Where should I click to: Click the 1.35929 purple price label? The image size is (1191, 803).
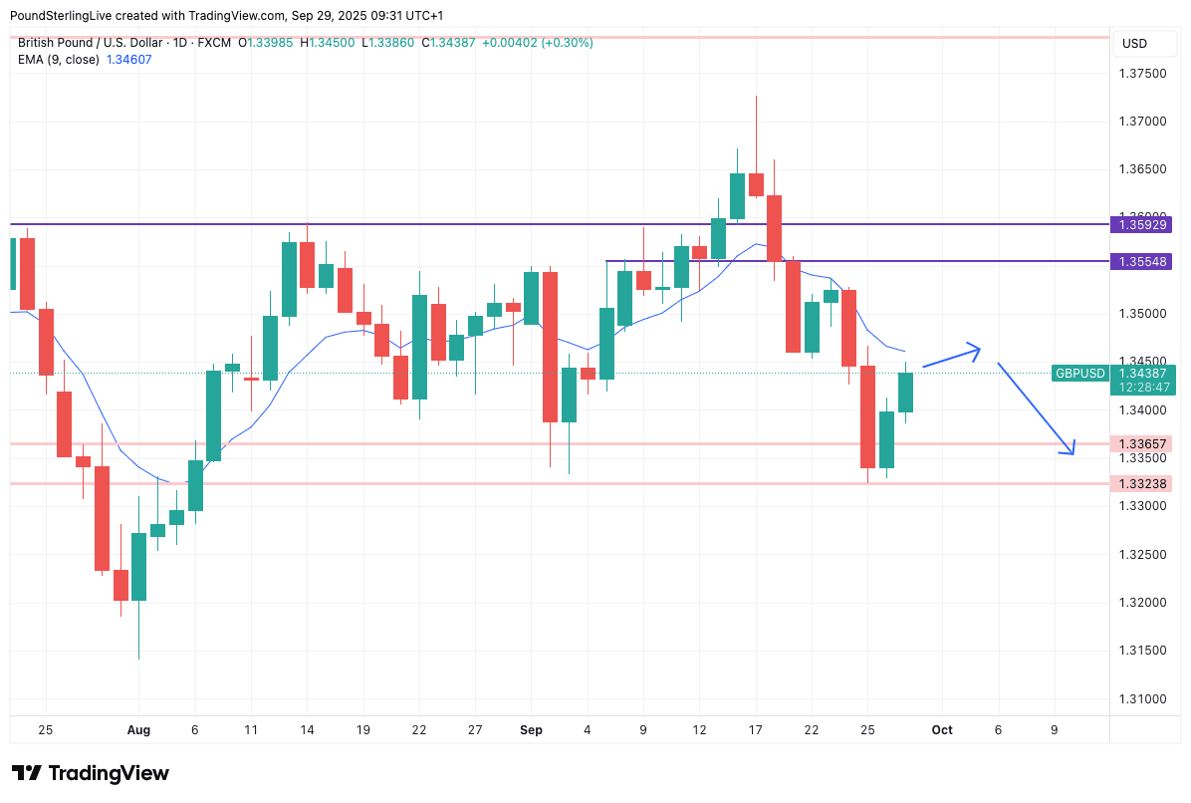pyautogui.click(x=1143, y=224)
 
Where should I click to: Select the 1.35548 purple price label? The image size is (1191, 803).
pyautogui.click(x=1143, y=261)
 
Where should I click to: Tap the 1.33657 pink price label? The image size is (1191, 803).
pyautogui.click(x=1143, y=443)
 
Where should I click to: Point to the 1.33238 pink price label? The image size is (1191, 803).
pyautogui.click(x=1143, y=483)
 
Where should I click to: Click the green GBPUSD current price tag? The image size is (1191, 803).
pyautogui.click(x=1080, y=373)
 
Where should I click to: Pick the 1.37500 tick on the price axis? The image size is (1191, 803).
pyautogui.click(x=1142, y=74)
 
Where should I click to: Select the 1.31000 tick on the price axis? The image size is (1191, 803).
pyautogui.click(x=1142, y=698)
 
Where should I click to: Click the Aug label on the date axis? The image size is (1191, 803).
pyautogui.click(x=138, y=730)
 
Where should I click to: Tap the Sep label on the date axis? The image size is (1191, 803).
pyautogui.click(x=531, y=730)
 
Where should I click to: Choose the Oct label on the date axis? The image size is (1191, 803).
pyautogui.click(x=942, y=730)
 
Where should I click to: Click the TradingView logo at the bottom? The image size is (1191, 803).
pyautogui.click(x=90, y=773)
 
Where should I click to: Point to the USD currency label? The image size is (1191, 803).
pyautogui.click(x=1134, y=44)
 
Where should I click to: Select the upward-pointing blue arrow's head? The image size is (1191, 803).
pyautogui.click(x=977, y=349)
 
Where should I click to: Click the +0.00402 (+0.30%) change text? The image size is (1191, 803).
pyautogui.click(x=537, y=43)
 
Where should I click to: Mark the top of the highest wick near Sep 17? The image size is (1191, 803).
pyautogui.click(x=756, y=97)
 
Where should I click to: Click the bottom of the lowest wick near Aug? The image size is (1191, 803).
pyautogui.click(x=138, y=658)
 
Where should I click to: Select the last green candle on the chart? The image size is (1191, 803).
pyautogui.click(x=905, y=392)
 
